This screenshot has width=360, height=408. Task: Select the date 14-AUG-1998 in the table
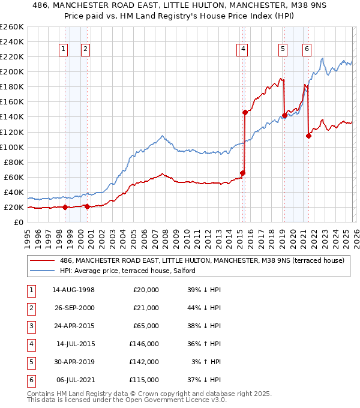tap(73, 290)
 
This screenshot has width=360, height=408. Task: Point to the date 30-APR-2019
tap(73, 362)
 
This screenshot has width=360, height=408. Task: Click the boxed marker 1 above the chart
tap(64, 50)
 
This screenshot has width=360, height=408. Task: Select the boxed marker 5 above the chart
tap(283, 50)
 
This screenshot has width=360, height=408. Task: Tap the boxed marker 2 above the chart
tap(86, 50)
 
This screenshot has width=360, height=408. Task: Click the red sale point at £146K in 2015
tap(245, 112)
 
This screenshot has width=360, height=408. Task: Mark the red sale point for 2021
tap(308, 136)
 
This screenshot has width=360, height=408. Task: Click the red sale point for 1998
tap(65, 207)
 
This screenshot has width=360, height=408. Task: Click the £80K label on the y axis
tap(14, 162)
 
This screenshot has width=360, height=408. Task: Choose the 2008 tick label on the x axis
tap(165, 236)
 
